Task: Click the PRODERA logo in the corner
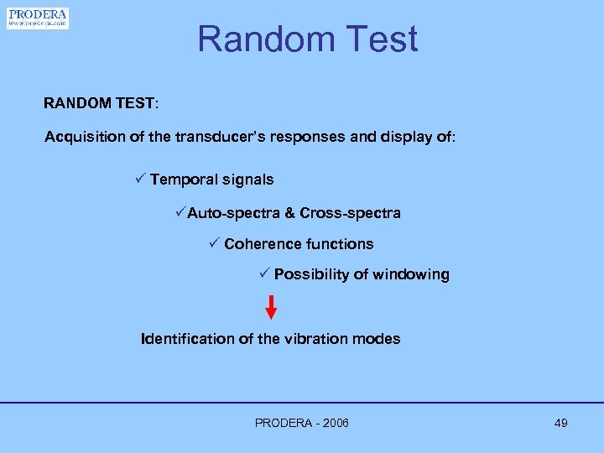pyautogui.click(x=37, y=18)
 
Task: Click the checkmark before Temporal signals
pyautogui.click(x=140, y=179)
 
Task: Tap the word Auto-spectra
pyautogui.click(x=233, y=213)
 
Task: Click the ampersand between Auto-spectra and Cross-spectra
pyautogui.click(x=290, y=213)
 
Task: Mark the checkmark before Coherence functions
pyautogui.click(x=214, y=243)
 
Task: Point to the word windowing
pyautogui.click(x=411, y=274)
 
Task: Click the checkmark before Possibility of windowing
pyautogui.click(x=263, y=273)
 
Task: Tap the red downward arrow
pyautogui.click(x=271, y=307)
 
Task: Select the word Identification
pyautogui.click(x=189, y=339)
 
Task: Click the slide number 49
pyautogui.click(x=561, y=423)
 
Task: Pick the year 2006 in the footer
pyautogui.click(x=334, y=423)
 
